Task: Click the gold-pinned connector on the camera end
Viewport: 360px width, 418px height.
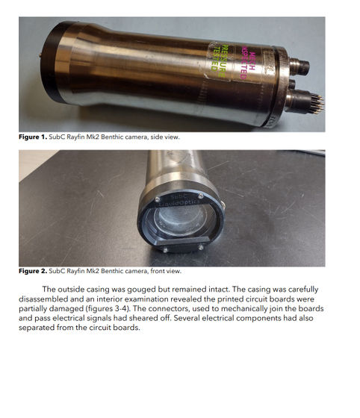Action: (305, 102)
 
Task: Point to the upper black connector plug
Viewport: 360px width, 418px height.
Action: (300, 66)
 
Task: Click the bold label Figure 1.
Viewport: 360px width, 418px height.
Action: (33, 137)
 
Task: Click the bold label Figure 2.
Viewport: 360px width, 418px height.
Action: (33, 271)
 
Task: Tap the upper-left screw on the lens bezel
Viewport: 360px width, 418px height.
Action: (158, 199)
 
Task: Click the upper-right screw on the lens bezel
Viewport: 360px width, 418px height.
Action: (201, 196)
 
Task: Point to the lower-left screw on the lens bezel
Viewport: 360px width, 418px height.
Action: (165, 250)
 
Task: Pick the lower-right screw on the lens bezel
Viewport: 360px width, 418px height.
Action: (201, 248)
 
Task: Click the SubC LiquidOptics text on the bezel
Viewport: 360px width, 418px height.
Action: (179, 199)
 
